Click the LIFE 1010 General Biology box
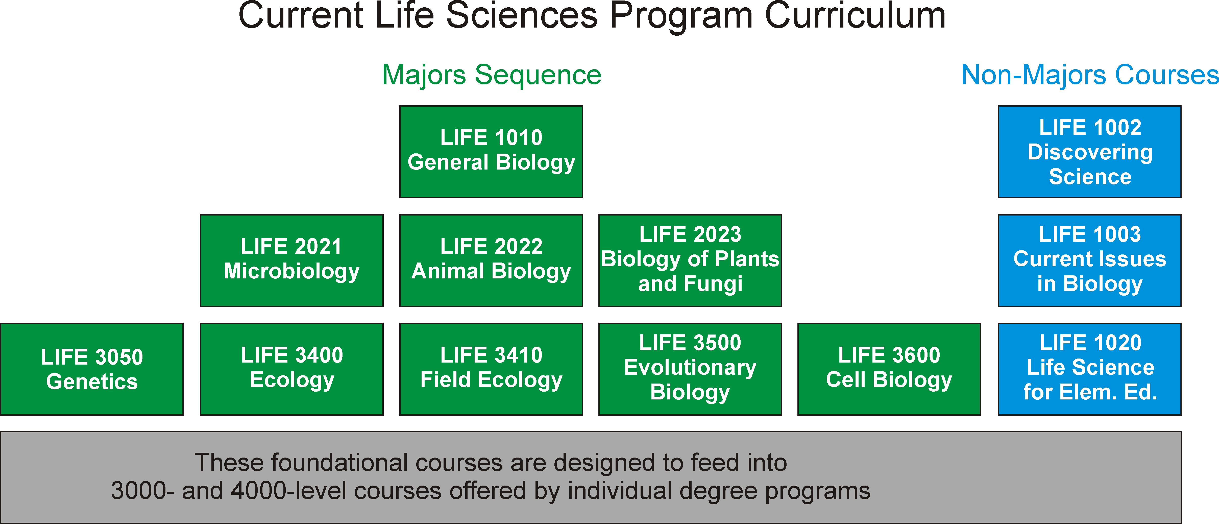[x=491, y=152]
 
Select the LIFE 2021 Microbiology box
[x=291, y=260]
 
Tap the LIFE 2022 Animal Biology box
[x=491, y=260]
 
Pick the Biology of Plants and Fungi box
[x=690, y=260]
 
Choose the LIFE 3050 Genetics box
[x=92, y=369]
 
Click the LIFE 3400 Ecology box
[x=291, y=369]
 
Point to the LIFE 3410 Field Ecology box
[x=491, y=369]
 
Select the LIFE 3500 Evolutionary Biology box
[x=690, y=369]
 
